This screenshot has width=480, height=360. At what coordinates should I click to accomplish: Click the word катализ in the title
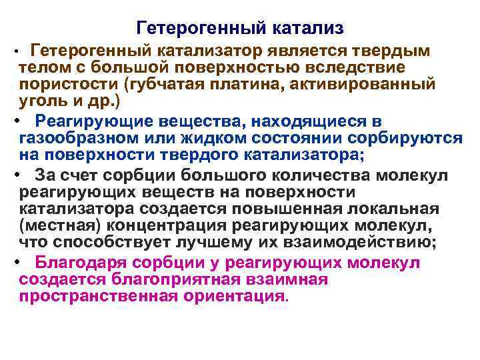pos(309,28)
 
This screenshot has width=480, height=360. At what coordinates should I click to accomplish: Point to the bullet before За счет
pos(15,175)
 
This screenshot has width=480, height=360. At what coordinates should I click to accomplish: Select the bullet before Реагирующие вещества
pos(15,121)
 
